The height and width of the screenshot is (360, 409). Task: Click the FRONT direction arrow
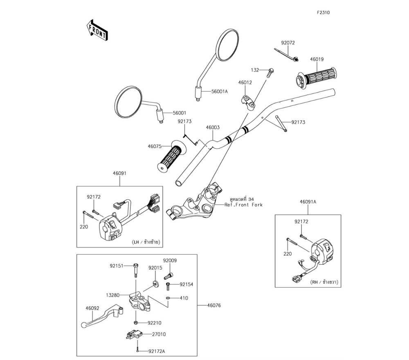tap(97, 30)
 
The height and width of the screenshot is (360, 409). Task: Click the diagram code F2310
tap(323, 13)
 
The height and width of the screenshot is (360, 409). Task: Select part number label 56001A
tap(220, 91)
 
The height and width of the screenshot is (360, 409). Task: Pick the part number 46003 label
tap(213, 128)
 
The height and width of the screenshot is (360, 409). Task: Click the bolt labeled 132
tap(270, 73)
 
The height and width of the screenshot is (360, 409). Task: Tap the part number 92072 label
tap(288, 43)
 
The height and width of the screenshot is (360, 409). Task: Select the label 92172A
tap(157, 351)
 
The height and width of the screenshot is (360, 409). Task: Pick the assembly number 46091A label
tap(308, 202)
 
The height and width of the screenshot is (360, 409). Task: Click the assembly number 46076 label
tap(213, 305)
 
